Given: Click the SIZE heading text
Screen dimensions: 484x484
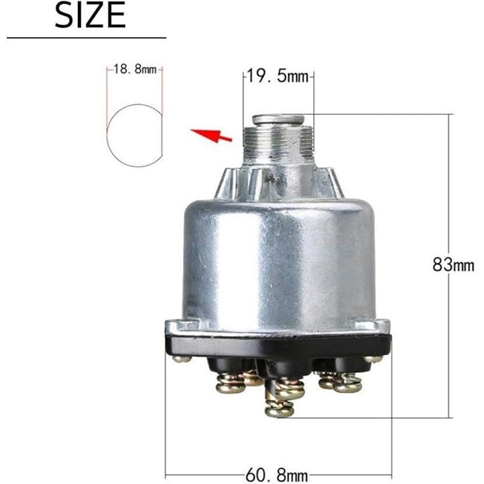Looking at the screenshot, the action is [x=90, y=15].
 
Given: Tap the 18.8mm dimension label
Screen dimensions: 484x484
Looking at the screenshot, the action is [x=135, y=69].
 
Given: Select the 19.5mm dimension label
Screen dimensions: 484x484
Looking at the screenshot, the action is [x=278, y=76].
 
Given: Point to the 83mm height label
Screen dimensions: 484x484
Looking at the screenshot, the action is [x=453, y=265].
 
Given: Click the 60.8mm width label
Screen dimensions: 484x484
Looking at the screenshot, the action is [x=276, y=475].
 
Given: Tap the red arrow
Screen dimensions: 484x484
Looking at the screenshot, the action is [x=211, y=135].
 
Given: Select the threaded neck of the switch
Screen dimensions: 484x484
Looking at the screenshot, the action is [x=278, y=141].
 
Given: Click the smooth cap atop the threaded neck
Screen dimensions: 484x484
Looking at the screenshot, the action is [x=278, y=120].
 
